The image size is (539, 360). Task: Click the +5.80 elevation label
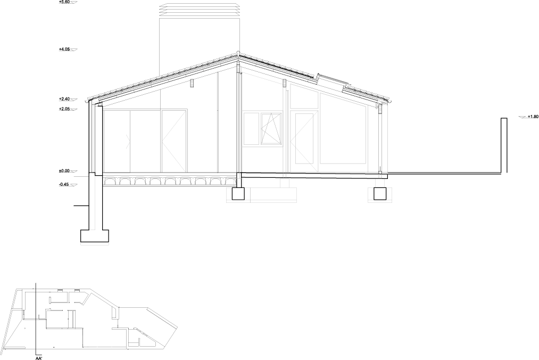[x=65, y=2]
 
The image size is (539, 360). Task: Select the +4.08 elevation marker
[x=65, y=49]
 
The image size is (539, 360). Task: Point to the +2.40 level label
[x=65, y=99]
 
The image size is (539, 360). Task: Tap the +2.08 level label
[x=65, y=109]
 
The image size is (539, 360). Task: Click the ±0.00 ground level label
[x=65, y=171]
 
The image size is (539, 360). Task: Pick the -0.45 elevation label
[x=65, y=184]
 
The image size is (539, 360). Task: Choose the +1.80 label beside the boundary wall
[x=532, y=116]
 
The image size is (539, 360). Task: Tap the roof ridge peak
[x=237, y=53]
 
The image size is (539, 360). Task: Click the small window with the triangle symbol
[x=270, y=128]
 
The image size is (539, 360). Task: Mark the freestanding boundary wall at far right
[x=504, y=145]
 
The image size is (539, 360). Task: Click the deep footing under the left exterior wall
[x=94, y=235]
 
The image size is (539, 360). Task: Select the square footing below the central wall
[x=237, y=193]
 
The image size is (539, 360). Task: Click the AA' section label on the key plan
[x=38, y=357]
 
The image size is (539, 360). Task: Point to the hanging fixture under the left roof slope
[x=193, y=84]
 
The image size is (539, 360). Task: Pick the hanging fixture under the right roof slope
[x=285, y=84]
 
